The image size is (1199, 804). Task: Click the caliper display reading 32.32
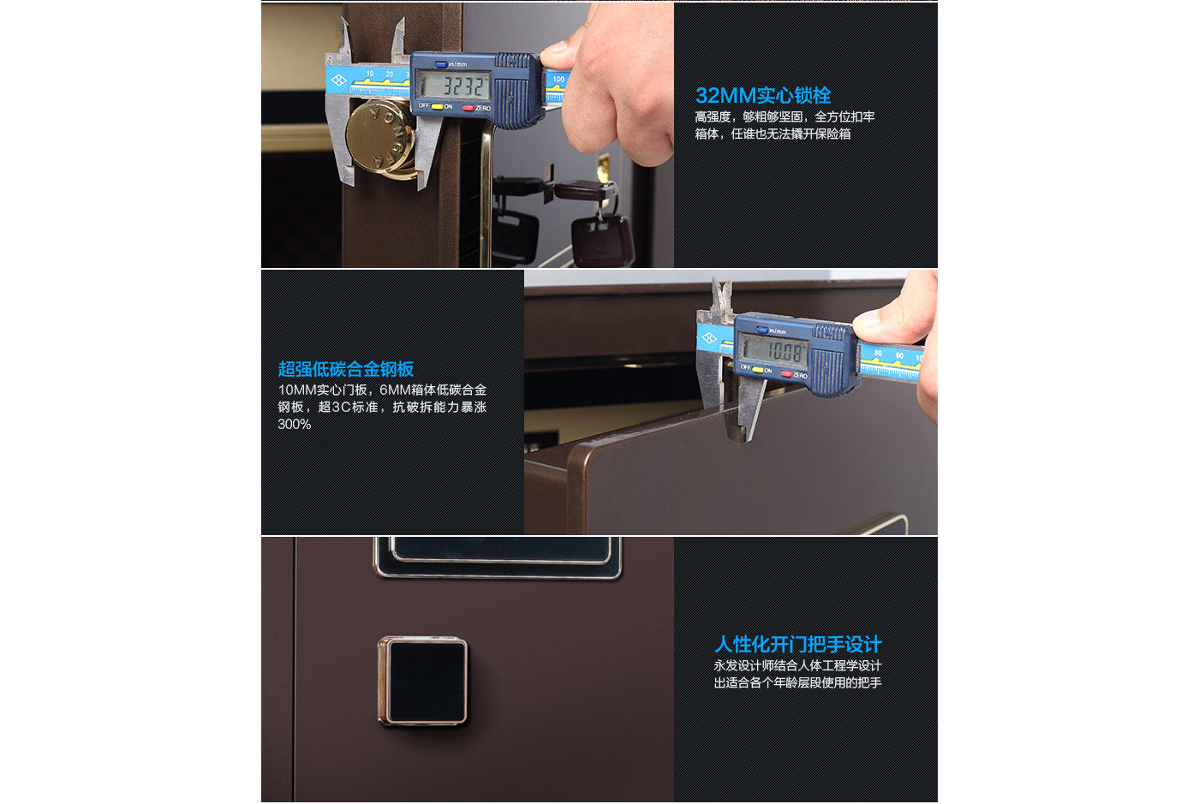click(x=452, y=85)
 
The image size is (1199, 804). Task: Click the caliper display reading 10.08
click(x=774, y=350)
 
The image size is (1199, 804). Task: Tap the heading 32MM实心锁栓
click(x=763, y=95)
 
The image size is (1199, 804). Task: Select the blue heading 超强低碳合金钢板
click(x=346, y=369)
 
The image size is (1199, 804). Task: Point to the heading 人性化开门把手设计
click(x=797, y=644)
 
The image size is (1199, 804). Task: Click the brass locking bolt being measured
click(x=381, y=137)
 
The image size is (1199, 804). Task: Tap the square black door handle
click(x=423, y=681)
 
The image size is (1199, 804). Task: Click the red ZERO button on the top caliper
click(x=468, y=108)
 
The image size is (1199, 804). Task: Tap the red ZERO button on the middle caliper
click(x=786, y=373)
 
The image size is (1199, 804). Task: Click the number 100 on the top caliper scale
click(x=558, y=80)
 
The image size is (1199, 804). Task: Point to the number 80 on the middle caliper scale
click(x=878, y=353)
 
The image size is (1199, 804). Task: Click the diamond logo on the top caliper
click(x=338, y=80)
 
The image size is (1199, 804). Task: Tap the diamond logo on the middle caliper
click(x=709, y=337)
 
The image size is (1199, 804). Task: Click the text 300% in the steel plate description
click(x=295, y=424)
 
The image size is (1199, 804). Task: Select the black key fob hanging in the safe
click(x=601, y=239)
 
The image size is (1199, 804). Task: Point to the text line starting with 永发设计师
click(x=797, y=665)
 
